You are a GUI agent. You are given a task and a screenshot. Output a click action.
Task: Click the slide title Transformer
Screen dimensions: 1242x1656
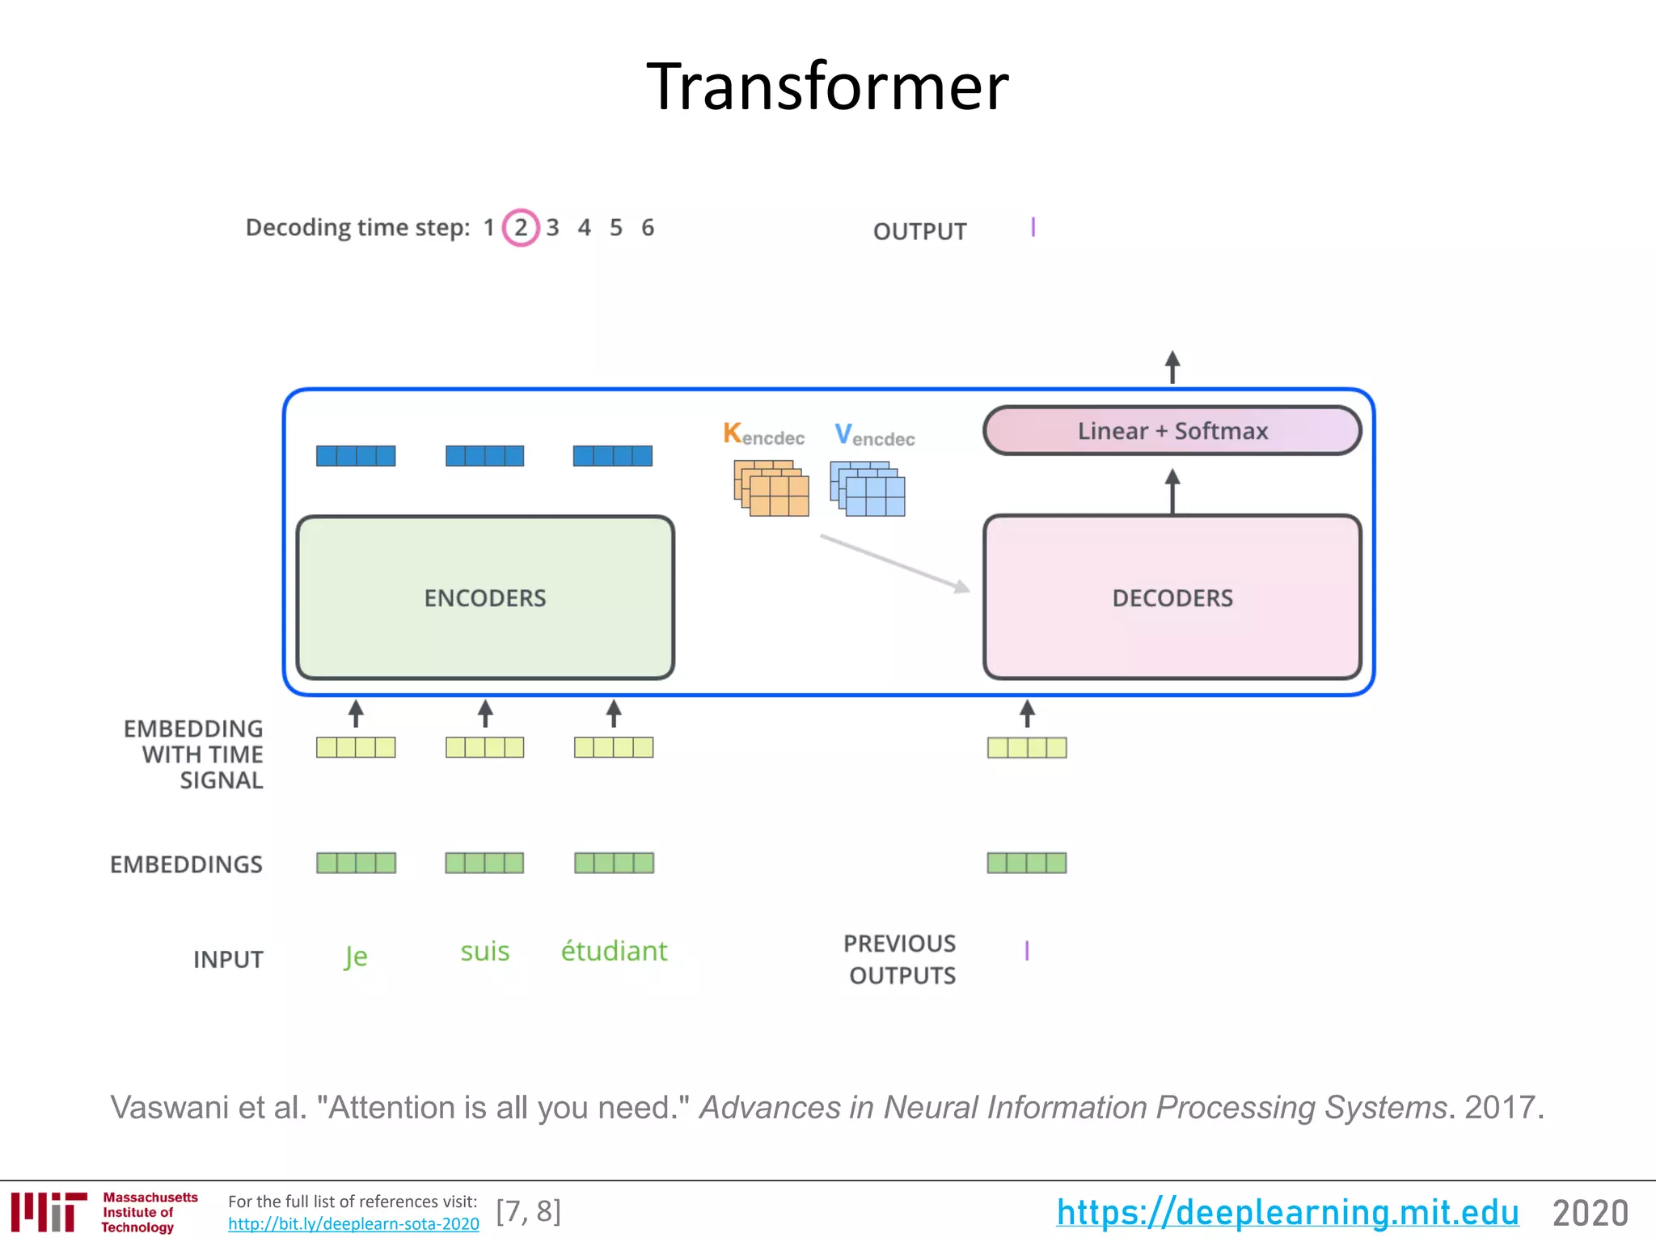(x=827, y=87)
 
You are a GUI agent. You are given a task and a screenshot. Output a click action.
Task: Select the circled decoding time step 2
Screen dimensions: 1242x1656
(x=521, y=228)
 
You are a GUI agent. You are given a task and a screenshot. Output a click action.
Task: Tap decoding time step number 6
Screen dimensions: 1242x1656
(x=648, y=228)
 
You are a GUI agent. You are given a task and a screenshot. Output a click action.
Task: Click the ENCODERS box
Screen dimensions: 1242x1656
(x=485, y=598)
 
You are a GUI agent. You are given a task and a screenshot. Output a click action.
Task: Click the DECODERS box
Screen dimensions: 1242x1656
(x=1172, y=598)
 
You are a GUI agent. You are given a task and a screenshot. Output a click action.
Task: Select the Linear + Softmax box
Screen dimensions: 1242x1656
(x=1172, y=431)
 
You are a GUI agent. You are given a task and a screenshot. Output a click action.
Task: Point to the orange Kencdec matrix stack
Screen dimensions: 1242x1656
(x=771, y=488)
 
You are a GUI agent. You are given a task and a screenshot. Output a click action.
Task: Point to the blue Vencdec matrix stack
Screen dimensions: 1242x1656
(x=868, y=488)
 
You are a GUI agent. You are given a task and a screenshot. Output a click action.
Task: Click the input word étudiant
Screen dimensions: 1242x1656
(x=614, y=951)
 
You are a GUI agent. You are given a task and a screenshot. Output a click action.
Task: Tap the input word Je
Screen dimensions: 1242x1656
(x=356, y=957)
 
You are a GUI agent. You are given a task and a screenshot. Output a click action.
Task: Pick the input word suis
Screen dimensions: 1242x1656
(x=485, y=951)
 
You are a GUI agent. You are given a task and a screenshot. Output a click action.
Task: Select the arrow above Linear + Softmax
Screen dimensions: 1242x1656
(x=1172, y=367)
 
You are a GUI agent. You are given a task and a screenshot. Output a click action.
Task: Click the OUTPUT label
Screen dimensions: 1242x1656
(x=919, y=232)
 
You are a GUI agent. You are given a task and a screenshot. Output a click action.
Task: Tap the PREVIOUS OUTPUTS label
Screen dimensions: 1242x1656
(x=901, y=960)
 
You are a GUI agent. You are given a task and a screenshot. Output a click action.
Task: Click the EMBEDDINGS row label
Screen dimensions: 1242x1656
(x=186, y=864)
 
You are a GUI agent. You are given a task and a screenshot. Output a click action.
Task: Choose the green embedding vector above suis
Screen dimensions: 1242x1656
(x=484, y=863)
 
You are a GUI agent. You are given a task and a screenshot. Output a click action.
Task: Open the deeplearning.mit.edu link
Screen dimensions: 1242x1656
(x=1286, y=1212)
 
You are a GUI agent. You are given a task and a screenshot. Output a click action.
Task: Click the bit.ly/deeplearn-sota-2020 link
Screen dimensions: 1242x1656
(x=353, y=1224)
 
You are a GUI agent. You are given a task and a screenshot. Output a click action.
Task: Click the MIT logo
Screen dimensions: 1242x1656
(x=49, y=1211)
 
